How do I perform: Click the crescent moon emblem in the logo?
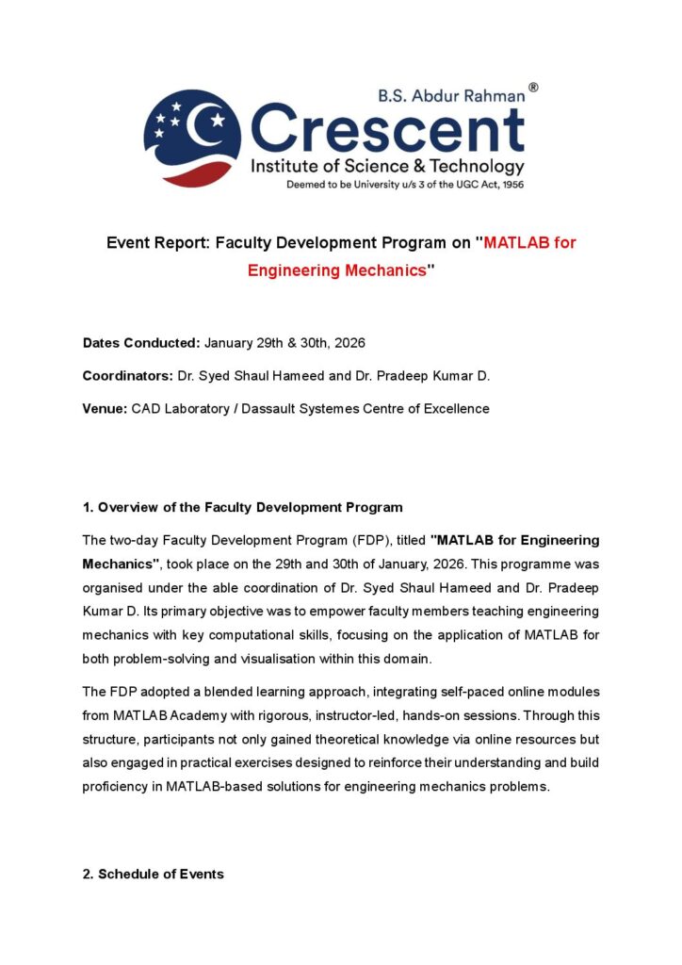click(x=192, y=133)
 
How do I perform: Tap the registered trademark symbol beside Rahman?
click(x=533, y=88)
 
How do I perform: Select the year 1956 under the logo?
click(x=512, y=185)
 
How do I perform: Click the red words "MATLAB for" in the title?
click(x=528, y=242)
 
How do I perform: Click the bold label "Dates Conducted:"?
click(x=141, y=343)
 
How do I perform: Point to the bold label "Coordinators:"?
click(x=128, y=376)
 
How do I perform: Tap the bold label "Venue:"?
click(x=105, y=408)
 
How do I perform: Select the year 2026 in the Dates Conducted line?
click(x=345, y=343)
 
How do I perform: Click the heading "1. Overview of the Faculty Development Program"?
click(x=243, y=507)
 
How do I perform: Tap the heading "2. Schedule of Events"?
click(x=154, y=874)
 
